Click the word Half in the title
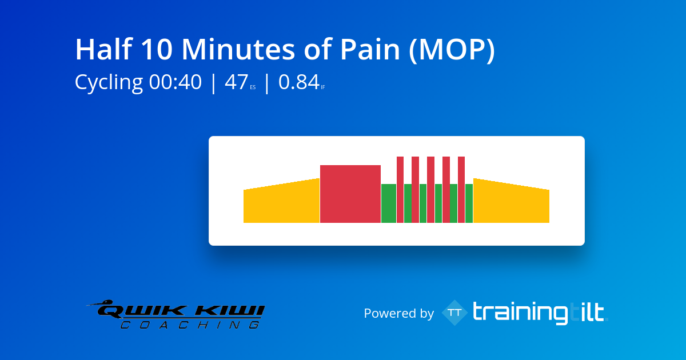[x=104, y=49]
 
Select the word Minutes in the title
[x=238, y=49]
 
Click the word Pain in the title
[x=370, y=49]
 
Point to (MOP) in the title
[x=452, y=50]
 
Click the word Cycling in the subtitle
[x=109, y=83]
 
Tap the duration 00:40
[x=176, y=82]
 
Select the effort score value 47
[x=236, y=82]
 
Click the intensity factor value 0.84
[x=299, y=82]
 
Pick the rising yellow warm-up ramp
[x=281, y=203]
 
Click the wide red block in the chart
[x=350, y=194]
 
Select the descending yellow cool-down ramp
[x=511, y=203]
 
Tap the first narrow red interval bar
[x=400, y=190]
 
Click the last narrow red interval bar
[x=461, y=190]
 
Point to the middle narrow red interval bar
[x=430, y=190]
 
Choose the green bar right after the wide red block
[x=389, y=203]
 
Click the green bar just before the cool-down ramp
[x=469, y=203]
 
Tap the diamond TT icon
[x=455, y=313]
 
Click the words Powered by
[x=399, y=313]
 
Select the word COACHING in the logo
[x=190, y=325]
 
